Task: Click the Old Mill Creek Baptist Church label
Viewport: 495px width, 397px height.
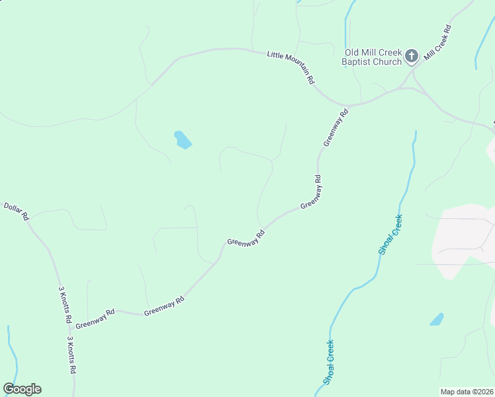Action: pyautogui.click(x=373, y=57)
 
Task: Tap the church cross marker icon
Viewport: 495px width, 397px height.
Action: pyautogui.click(x=412, y=56)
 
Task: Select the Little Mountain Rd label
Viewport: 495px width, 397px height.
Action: pyautogui.click(x=291, y=67)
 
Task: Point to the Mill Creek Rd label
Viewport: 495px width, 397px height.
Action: pyautogui.click(x=437, y=44)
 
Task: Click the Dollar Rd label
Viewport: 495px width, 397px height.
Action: pyautogui.click(x=17, y=211)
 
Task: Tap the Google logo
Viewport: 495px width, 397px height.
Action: pyautogui.click(x=22, y=389)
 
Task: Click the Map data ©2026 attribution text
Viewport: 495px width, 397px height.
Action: pyautogui.click(x=467, y=392)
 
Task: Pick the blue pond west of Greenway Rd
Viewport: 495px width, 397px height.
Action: pyautogui.click(x=182, y=140)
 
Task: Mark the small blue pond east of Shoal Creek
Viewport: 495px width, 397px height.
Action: pyautogui.click(x=437, y=320)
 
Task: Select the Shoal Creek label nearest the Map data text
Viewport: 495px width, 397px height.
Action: pyautogui.click(x=330, y=362)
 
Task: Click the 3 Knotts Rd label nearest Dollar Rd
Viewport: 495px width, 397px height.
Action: pyautogui.click(x=65, y=304)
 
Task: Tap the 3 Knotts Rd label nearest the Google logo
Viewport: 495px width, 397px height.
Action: pyautogui.click(x=71, y=355)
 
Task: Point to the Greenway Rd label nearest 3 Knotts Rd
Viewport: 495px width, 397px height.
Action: pyautogui.click(x=95, y=322)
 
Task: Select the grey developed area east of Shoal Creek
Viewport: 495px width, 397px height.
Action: pyautogui.click(x=463, y=238)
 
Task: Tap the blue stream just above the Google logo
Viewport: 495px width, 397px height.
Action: pyautogui.click(x=12, y=357)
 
